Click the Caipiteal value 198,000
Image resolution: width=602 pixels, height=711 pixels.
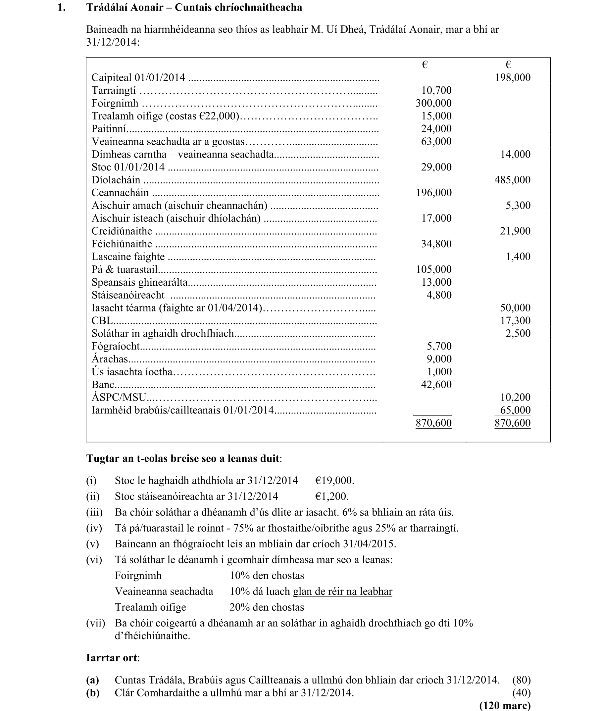pos(513,77)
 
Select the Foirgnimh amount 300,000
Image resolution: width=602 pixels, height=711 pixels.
pos(433,103)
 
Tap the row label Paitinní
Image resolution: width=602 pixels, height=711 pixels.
pos(109,129)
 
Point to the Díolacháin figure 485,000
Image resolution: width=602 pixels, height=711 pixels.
pos(512,180)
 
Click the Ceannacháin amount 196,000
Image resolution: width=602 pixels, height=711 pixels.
pos(433,193)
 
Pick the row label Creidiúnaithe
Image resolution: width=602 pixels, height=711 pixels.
pos(122,231)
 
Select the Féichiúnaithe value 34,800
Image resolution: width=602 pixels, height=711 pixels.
pos(436,244)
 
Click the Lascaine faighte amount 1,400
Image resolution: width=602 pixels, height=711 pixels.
pos(518,257)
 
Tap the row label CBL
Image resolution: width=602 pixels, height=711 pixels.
pos(102,321)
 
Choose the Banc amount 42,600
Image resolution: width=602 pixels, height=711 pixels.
pos(436,385)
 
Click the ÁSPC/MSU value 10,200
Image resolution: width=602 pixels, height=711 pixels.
pos(515,398)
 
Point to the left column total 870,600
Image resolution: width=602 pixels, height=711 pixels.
pos(433,423)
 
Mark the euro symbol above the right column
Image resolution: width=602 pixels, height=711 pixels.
pos(508,65)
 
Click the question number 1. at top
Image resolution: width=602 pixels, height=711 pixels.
pos(62,8)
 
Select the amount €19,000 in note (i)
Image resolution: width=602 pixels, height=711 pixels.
pos(334,480)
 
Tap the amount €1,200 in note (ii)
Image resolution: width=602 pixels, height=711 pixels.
pos(332,496)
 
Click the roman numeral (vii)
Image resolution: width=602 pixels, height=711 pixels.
pos(96,623)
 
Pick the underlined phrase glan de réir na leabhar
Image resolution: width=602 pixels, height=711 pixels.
pos(342,591)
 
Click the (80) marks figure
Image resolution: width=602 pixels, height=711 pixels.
pos(521,680)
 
